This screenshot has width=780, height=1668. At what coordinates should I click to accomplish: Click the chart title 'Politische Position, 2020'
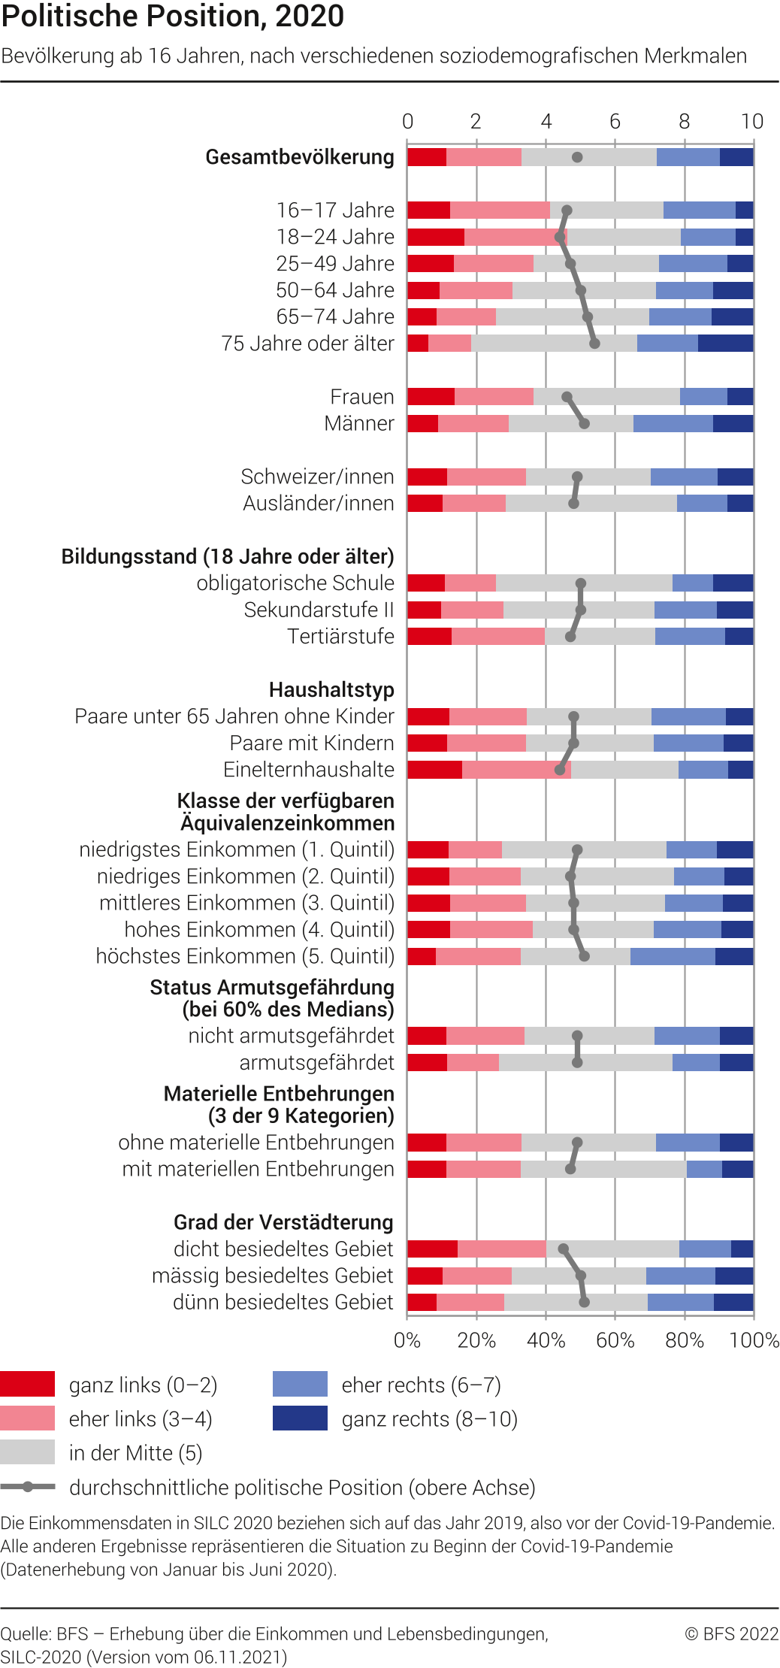(x=173, y=17)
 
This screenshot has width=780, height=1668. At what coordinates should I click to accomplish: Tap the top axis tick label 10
(x=751, y=122)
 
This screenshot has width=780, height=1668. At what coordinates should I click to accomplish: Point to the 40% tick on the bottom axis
(x=546, y=1340)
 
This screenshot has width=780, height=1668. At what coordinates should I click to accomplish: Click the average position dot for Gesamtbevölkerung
(x=577, y=157)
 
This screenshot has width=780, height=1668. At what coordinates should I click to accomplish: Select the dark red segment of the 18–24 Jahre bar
(x=436, y=238)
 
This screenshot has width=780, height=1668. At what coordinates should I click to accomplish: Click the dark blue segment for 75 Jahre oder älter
(x=725, y=344)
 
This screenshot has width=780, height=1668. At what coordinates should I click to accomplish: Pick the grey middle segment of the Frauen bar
(x=606, y=397)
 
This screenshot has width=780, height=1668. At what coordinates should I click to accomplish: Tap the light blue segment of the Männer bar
(x=673, y=423)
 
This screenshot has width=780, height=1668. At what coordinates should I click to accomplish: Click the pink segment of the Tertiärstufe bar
(x=497, y=637)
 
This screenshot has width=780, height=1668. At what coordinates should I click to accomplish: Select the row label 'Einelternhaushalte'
(x=309, y=770)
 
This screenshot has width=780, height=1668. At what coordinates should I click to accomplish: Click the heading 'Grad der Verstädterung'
(x=283, y=1222)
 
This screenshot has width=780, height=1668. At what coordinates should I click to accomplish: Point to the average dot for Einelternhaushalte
(x=560, y=770)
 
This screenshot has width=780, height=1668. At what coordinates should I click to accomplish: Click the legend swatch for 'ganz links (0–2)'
(x=28, y=1384)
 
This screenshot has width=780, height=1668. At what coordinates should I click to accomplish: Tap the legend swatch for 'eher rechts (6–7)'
(x=300, y=1384)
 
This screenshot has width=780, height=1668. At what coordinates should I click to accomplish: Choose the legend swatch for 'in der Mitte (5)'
(x=28, y=1452)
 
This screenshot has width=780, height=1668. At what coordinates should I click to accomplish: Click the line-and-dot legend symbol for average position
(x=28, y=1487)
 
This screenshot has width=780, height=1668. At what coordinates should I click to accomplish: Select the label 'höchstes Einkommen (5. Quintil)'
(x=245, y=956)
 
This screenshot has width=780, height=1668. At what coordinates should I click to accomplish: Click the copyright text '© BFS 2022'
(x=731, y=1633)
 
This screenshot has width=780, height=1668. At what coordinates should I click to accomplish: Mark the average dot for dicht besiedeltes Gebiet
(x=563, y=1249)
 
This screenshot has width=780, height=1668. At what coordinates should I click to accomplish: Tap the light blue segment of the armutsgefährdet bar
(x=696, y=1063)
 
